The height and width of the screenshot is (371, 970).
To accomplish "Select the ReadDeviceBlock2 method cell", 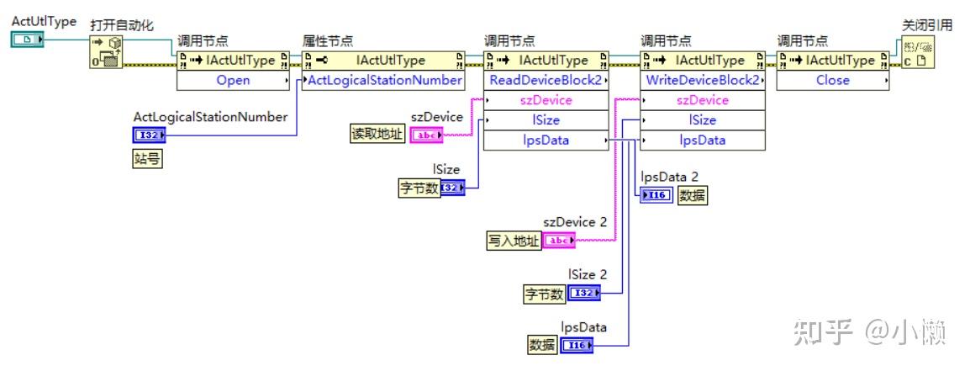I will click(x=546, y=81).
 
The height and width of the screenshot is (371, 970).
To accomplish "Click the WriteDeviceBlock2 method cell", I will click(x=703, y=81).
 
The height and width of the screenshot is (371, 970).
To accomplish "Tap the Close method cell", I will click(x=832, y=81).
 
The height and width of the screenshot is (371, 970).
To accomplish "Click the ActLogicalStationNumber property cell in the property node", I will click(x=385, y=81).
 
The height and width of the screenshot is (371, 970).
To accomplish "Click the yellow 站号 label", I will click(x=147, y=159).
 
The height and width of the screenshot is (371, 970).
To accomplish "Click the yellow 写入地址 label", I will click(x=514, y=241).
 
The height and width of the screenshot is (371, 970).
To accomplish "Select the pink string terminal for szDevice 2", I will click(x=560, y=241).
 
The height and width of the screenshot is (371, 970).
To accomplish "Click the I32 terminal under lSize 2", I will click(x=585, y=294).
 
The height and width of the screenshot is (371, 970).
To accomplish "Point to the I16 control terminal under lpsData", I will click(x=577, y=345).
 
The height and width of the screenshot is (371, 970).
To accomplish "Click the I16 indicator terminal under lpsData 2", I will click(x=656, y=196).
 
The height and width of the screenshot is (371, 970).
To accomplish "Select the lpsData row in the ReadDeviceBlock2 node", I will click(x=546, y=140).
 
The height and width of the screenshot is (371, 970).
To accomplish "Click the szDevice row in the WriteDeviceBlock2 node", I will click(x=703, y=101).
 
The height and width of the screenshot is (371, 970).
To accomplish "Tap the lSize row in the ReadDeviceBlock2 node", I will click(x=546, y=120).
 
